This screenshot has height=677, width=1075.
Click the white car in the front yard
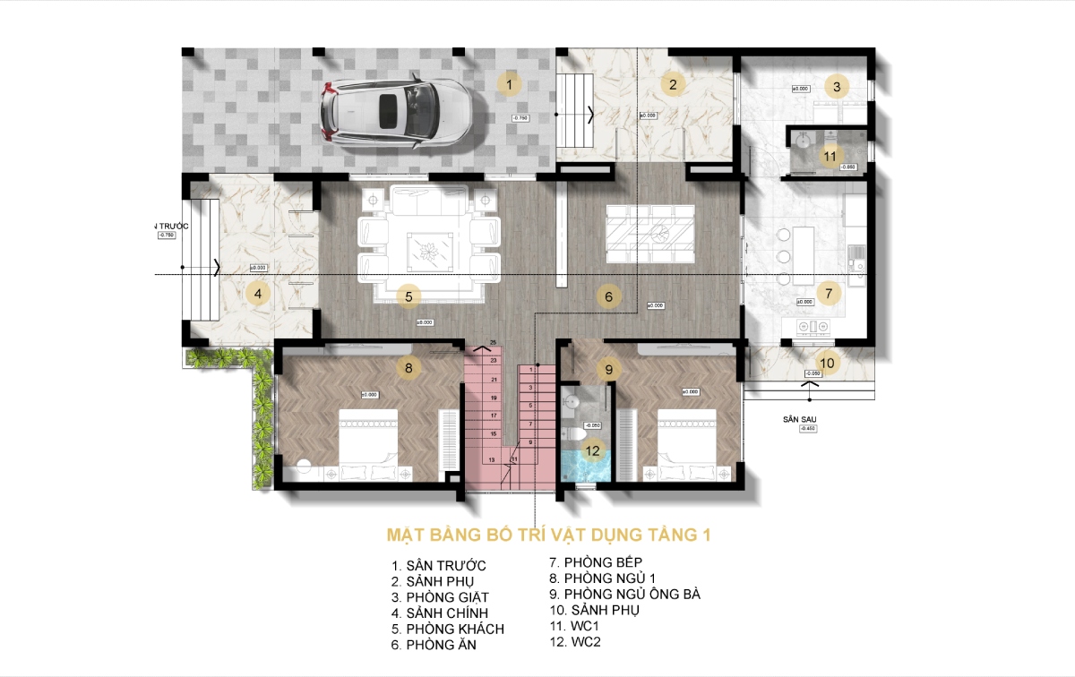click(395, 112)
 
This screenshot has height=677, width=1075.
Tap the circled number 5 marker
click(408, 296)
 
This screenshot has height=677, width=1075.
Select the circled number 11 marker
click(830, 155)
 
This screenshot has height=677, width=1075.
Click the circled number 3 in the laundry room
click(836, 87)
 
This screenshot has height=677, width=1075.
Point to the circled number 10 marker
click(827, 363)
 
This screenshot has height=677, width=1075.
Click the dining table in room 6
click(649, 231)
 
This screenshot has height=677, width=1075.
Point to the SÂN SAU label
click(799, 418)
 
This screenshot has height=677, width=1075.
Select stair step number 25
click(493, 342)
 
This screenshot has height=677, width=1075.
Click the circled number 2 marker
click(673, 85)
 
